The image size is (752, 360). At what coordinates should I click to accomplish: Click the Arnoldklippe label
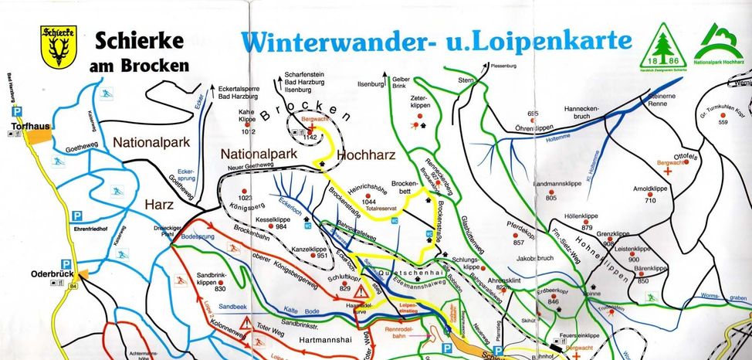(649, 188)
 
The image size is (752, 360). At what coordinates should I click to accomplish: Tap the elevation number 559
(723, 122)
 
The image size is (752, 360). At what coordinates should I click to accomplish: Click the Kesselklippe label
(282, 219)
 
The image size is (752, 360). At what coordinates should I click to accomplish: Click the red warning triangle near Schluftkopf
(361, 291)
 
